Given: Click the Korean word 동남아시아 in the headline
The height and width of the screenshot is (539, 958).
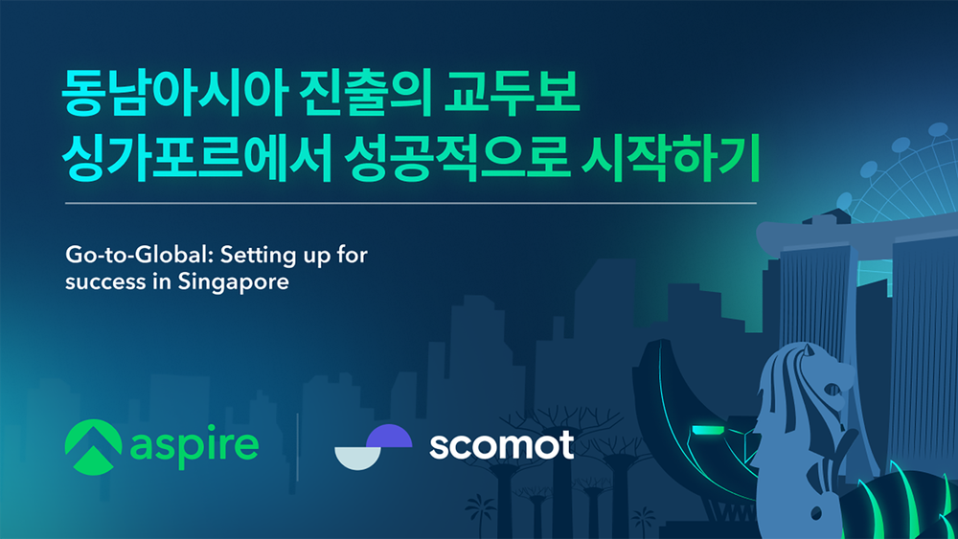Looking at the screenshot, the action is click(174, 93).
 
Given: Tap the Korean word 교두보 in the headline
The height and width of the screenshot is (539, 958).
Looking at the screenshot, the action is click(512, 93).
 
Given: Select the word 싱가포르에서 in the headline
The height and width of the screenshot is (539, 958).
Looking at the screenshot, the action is click(196, 159).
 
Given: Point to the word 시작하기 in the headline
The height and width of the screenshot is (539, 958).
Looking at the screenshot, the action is click(671, 159).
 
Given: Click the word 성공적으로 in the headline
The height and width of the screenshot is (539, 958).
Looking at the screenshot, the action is click(457, 159).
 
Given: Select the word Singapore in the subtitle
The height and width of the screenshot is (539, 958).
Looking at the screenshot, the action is click(233, 282).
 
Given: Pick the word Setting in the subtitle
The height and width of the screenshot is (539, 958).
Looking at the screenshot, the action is click(259, 256).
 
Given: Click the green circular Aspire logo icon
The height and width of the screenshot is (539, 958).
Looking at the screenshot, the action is click(94, 447).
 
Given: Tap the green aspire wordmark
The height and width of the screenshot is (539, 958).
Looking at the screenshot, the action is click(194, 447).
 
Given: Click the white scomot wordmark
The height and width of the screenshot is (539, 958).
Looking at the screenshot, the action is click(502, 445).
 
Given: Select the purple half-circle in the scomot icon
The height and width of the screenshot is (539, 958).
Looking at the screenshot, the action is click(389, 436).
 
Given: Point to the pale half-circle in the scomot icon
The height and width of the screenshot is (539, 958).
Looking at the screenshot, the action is click(358, 459).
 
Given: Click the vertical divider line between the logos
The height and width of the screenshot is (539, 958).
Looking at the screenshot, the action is click(298, 447).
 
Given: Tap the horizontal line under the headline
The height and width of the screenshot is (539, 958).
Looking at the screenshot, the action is click(411, 203).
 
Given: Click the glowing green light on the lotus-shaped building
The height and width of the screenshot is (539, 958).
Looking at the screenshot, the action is click(708, 431).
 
